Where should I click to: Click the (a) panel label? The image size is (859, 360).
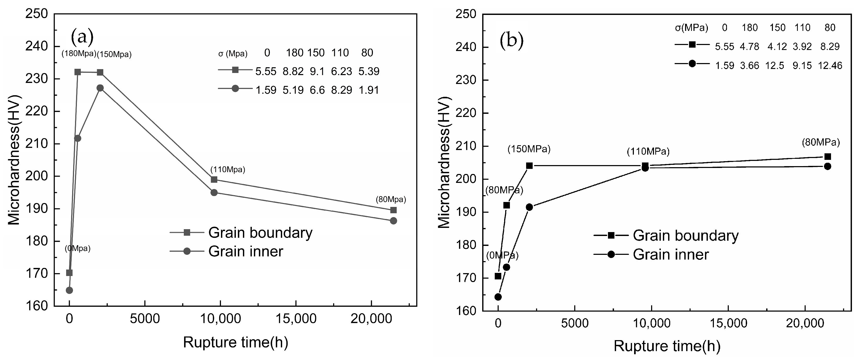(x=82, y=37)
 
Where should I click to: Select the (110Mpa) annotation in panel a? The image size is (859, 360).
(x=228, y=170)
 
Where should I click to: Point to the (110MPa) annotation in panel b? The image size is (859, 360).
(x=648, y=152)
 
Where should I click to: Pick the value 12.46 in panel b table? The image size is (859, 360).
(x=830, y=66)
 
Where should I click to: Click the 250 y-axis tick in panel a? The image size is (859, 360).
(x=37, y=14)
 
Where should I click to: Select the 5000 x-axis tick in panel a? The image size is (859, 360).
(x=145, y=319)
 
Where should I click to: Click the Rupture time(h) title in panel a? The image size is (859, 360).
(x=235, y=342)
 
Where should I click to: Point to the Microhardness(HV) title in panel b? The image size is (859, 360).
(x=444, y=162)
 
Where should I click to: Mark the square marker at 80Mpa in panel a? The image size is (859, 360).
(x=393, y=210)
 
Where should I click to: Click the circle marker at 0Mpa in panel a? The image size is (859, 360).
(x=69, y=290)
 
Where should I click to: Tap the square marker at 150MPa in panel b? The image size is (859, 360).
(x=529, y=166)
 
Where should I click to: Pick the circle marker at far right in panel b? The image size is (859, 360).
(x=827, y=166)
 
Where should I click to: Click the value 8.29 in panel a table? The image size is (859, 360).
(x=342, y=90)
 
